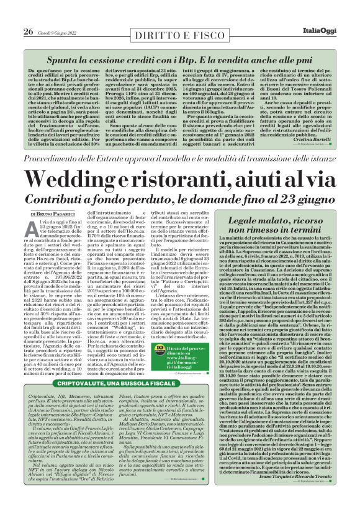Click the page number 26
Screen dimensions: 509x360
pyautogui.click(x=28, y=13)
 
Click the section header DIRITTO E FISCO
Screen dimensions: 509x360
pyautogui.click(x=179, y=13)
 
